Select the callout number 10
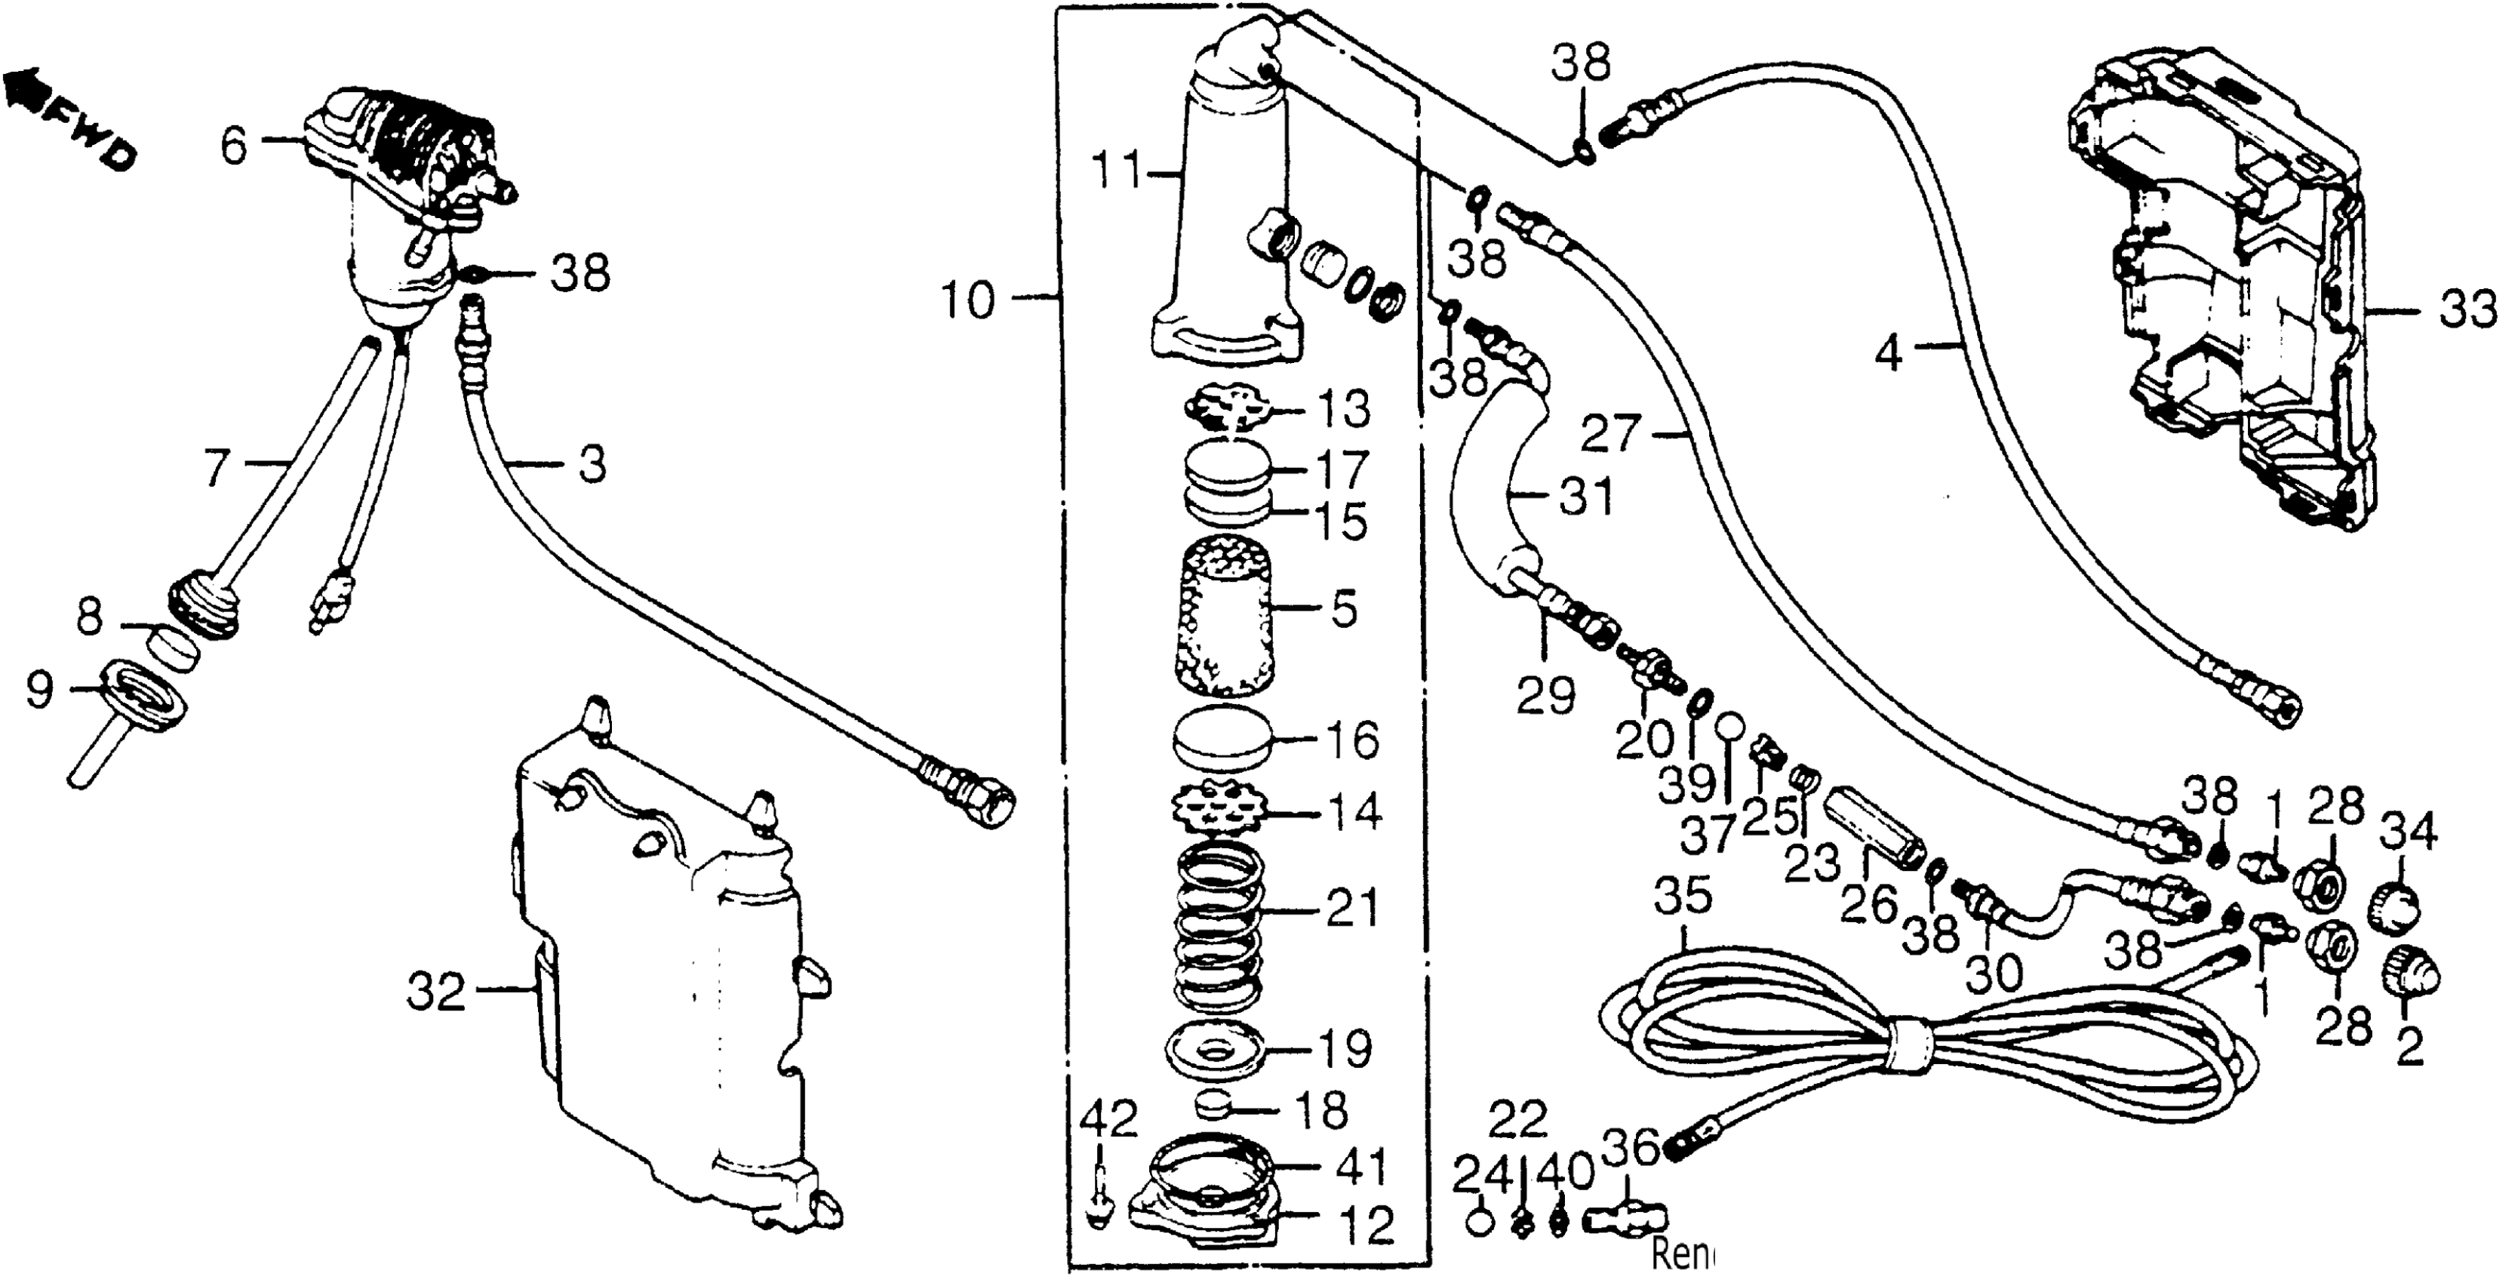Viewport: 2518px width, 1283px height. (967, 300)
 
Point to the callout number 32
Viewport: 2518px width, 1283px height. (437, 995)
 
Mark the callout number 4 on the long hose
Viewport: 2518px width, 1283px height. (1889, 353)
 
